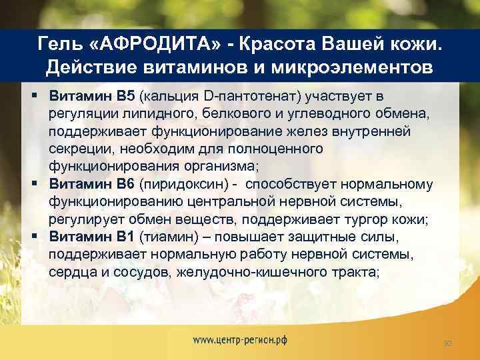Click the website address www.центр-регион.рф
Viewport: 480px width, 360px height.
tap(240, 339)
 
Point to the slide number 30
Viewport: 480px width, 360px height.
tap(448, 343)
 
